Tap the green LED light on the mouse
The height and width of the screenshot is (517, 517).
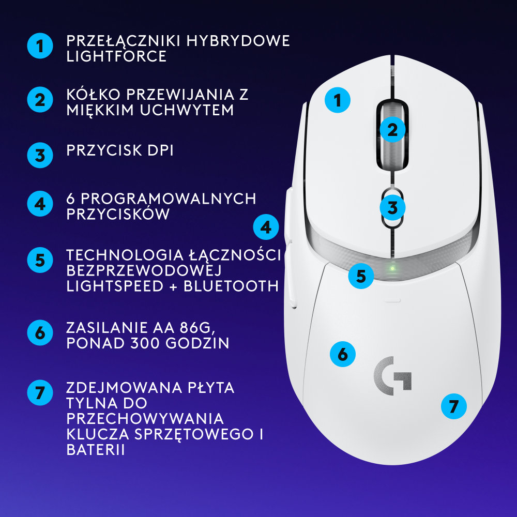coord(393,268)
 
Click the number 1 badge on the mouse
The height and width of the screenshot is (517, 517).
coord(338,100)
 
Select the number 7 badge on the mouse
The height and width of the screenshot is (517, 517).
coord(453,406)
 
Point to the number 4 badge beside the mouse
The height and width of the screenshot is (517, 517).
coord(266,227)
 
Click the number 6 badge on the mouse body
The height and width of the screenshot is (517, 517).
coord(343,354)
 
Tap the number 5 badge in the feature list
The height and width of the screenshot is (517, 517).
coord(40,260)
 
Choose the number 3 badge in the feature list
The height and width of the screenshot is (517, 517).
coord(40,155)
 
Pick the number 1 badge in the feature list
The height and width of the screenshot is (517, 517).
coord(40,47)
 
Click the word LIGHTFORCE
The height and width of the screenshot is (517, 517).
coord(116,56)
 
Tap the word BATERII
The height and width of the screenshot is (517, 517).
coord(96,449)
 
